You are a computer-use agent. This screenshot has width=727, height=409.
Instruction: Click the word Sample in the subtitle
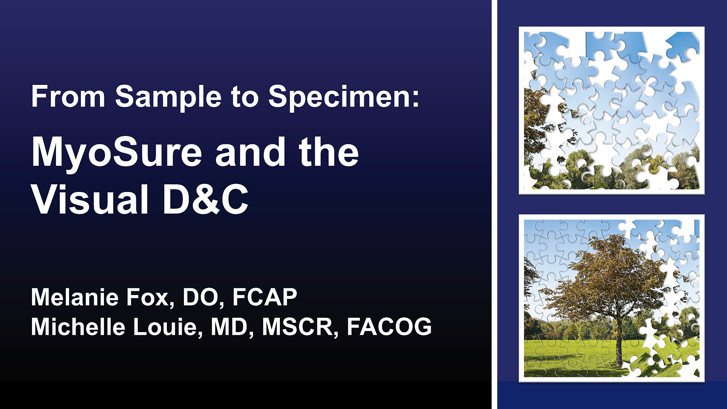(x=168, y=97)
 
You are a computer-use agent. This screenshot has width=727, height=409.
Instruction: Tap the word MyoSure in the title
(x=117, y=153)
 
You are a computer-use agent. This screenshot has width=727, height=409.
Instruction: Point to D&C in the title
(x=206, y=199)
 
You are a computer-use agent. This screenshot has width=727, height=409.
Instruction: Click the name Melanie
(x=75, y=297)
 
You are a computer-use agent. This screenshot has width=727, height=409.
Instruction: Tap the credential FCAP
(x=265, y=297)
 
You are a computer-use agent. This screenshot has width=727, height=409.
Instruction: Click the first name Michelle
(x=78, y=326)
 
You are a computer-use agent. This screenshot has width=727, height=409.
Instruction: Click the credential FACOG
(x=389, y=326)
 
